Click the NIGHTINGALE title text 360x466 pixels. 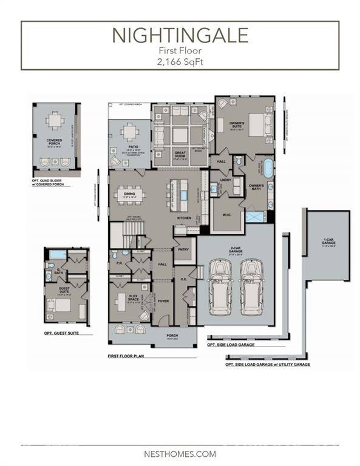[x=180, y=35]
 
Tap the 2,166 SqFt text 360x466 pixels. [x=180, y=61]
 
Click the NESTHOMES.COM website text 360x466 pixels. [x=180, y=453]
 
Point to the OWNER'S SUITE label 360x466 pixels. [x=237, y=125]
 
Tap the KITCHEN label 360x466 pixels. [x=184, y=217]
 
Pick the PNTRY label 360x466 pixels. [x=182, y=249]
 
